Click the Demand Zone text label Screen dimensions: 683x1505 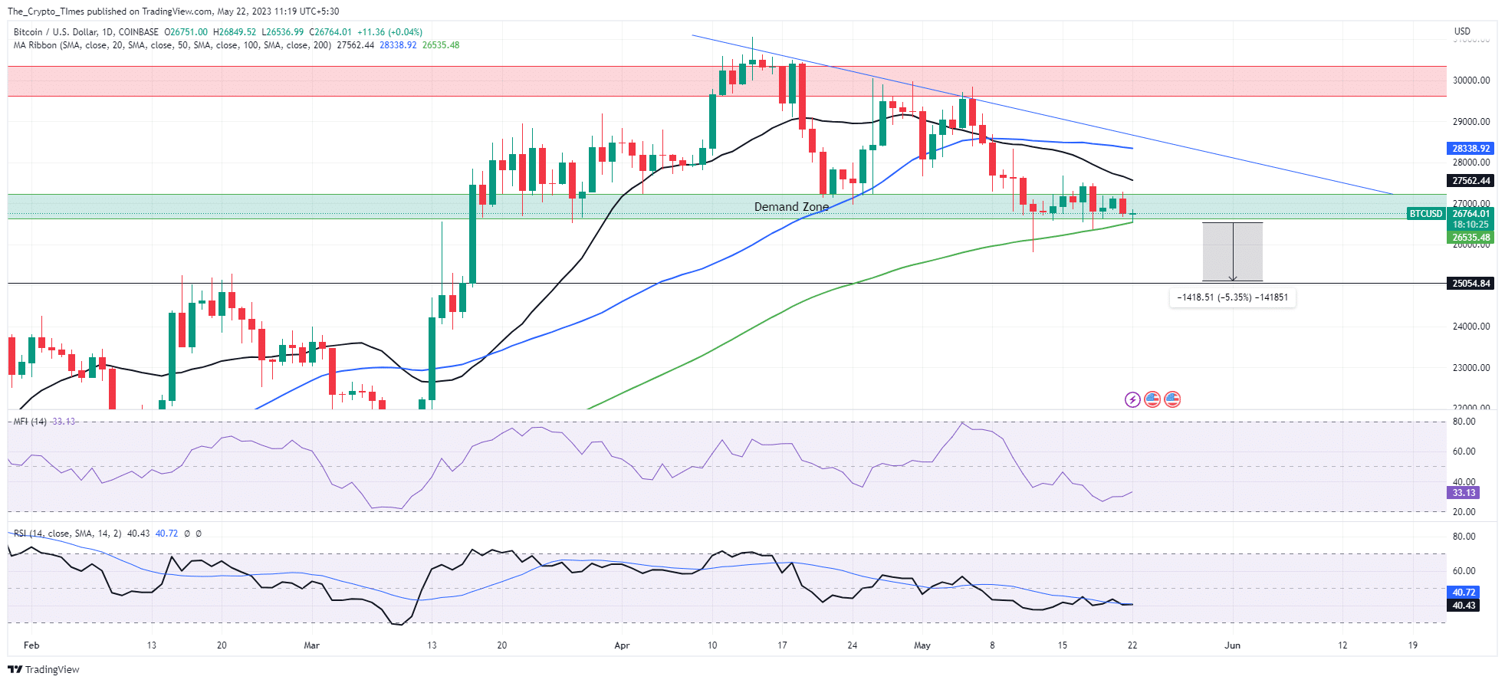click(x=791, y=207)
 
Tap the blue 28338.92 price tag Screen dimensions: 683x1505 click(x=1470, y=149)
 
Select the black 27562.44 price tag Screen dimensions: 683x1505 click(x=1470, y=181)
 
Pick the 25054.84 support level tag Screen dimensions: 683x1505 click(x=1470, y=284)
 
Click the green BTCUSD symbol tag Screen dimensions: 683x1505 click(x=1426, y=214)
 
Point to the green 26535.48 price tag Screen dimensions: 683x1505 click(x=1470, y=238)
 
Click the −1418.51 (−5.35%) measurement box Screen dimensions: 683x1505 click(x=1232, y=297)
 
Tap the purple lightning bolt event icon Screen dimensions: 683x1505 click(x=1132, y=399)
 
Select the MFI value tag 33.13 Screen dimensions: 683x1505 click(x=1464, y=493)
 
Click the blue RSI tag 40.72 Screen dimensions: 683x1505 click(x=1464, y=593)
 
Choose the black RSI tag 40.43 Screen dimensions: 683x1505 click(x=1464, y=606)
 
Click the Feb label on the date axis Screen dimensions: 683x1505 click(x=31, y=645)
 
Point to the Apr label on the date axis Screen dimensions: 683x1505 click(x=622, y=645)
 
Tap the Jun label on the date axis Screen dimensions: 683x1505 click(x=1232, y=645)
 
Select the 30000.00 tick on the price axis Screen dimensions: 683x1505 click(x=1470, y=80)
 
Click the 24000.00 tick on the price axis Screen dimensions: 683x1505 click(x=1470, y=327)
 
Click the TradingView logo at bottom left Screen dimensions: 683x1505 click(x=44, y=669)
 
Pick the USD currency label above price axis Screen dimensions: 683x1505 click(x=1462, y=31)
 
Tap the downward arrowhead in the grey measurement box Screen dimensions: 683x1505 click(x=1232, y=278)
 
